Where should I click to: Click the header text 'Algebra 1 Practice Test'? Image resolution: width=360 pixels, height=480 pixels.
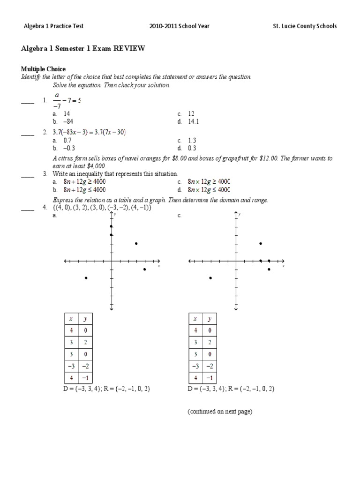point(53,26)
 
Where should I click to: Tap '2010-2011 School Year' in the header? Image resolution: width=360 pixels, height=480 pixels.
point(180,26)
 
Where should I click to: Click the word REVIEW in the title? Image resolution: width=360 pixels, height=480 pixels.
point(129,49)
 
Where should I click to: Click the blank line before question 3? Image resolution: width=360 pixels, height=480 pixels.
point(28,177)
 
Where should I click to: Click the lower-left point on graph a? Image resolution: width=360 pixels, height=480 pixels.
point(86,278)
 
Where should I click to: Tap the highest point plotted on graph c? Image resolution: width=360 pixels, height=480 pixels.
point(261,243)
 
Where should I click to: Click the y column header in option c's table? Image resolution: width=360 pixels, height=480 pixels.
point(210,319)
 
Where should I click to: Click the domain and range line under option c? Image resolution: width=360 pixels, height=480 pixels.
point(231,389)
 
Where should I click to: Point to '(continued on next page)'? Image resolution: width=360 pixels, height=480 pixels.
point(220,412)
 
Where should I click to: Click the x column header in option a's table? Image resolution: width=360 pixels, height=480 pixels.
point(71,319)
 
